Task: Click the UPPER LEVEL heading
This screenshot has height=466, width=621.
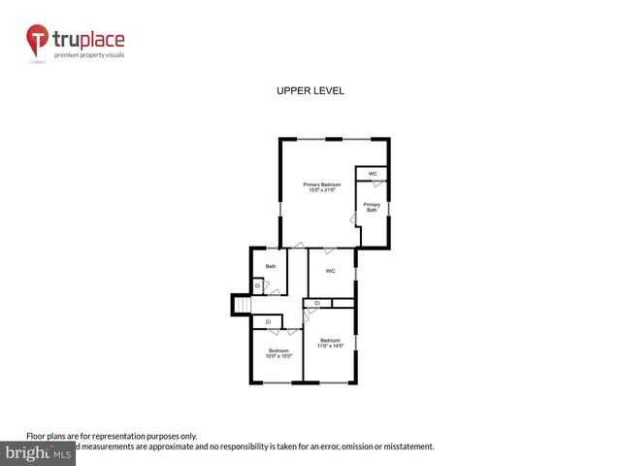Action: click(x=310, y=90)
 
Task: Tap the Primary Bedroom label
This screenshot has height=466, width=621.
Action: click(x=322, y=184)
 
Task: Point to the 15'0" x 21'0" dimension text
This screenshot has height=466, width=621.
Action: click(x=322, y=190)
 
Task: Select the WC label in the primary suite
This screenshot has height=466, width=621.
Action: click(x=372, y=174)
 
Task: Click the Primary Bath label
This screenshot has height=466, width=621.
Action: click(x=372, y=208)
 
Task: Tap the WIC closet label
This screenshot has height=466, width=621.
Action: click(x=331, y=271)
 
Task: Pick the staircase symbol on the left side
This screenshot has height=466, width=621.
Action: click(x=241, y=305)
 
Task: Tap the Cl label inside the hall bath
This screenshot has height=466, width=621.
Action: click(x=257, y=284)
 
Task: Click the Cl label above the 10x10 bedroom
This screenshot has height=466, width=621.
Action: click(x=268, y=320)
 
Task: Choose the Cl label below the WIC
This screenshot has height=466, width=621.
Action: click(x=317, y=303)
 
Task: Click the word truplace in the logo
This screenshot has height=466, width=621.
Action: click(x=88, y=41)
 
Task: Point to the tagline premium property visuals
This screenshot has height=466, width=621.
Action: click(x=88, y=55)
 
